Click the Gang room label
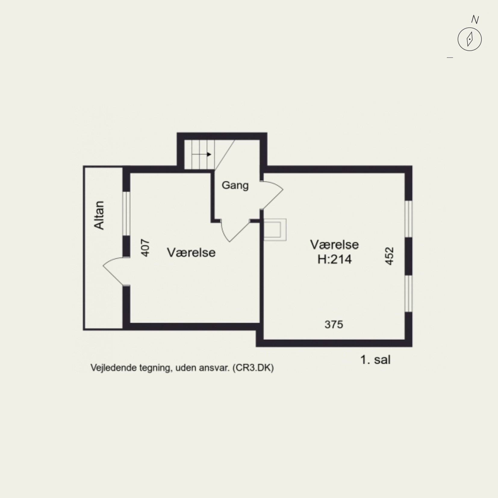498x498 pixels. pyautogui.click(x=235, y=185)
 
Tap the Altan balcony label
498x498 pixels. pyautogui.click(x=99, y=216)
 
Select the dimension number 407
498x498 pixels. pyautogui.click(x=145, y=248)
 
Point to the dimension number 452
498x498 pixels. pyautogui.click(x=389, y=256)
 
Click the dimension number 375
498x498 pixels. pyautogui.click(x=334, y=324)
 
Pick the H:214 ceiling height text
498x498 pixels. pyautogui.click(x=335, y=259)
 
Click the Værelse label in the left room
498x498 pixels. pyautogui.click(x=191, y=252)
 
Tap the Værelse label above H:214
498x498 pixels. pyautogui.click(x=335, y=244)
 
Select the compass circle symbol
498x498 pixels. pyautogui.click(x=469, y=39)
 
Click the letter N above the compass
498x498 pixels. pyautogui.click(x=475, y=20)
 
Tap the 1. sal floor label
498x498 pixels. pyautogui.click(x=375, y=360)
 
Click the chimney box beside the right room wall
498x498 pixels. pyautogui.click(x=275, y=230)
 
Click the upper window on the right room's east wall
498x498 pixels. pyautogui.click(x=408, y=219)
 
